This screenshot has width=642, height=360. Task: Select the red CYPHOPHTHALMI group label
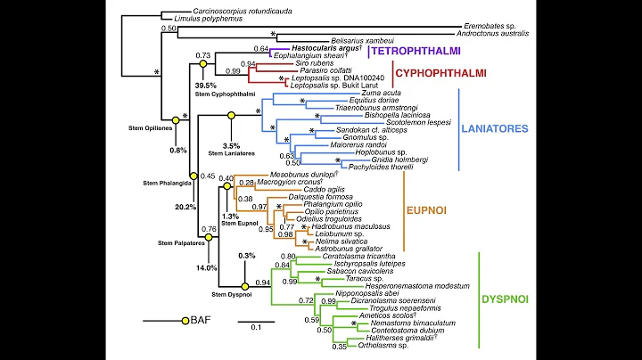[422, 73]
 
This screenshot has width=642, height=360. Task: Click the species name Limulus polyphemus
[196, 18]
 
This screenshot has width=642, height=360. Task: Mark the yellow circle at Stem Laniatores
[231, 116]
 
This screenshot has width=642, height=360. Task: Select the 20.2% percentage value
[185, 207]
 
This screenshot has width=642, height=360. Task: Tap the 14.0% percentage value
[207, 267]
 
